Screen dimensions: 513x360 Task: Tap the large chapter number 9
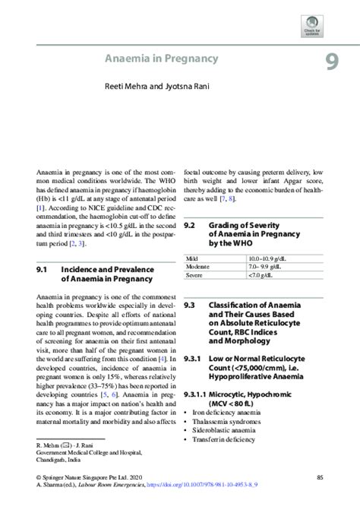332,61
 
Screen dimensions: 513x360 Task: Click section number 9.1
43,269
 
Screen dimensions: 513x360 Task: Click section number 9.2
190,226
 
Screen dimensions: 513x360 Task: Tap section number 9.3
190,304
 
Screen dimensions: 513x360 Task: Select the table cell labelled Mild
192,259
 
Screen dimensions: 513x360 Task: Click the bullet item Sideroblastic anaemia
225,430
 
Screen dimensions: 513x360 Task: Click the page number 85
320,477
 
